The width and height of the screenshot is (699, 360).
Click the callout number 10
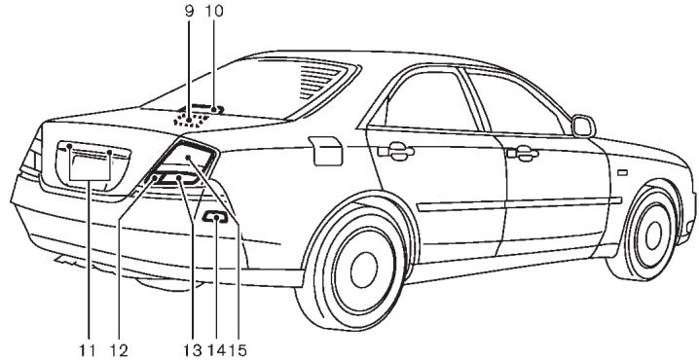[x=215, y=12]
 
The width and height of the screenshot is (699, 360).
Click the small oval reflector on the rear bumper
[x=216, y=220]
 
